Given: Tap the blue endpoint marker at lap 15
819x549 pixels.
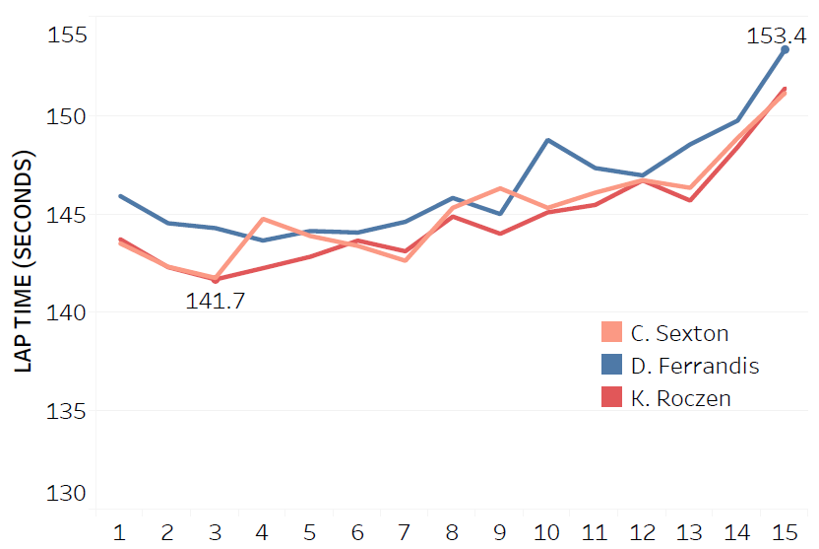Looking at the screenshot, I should point(785,48).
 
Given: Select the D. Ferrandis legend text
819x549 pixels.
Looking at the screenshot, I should point(695,366).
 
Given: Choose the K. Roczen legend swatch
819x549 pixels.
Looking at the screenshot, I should point(611,397).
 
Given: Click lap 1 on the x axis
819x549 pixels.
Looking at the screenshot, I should point(120,532).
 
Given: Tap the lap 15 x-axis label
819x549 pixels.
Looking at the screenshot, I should point(785,532).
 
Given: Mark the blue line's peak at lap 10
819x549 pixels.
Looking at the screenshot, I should point(547,140).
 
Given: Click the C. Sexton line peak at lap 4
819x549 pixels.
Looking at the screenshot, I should point(263,219).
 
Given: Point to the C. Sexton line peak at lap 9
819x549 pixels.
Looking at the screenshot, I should point(500,188).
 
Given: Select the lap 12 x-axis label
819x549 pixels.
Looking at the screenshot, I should point(642,532).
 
